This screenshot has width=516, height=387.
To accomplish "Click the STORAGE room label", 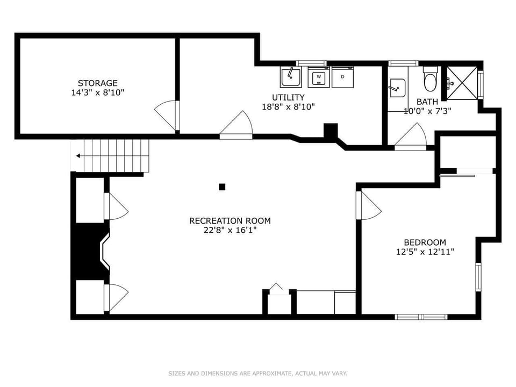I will (97, 83).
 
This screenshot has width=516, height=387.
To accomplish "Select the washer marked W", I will (319, 77).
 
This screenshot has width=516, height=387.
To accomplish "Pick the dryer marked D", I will (342, 77).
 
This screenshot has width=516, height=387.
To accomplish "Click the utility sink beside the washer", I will (290, 77).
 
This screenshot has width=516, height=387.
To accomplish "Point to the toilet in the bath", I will (431, 81).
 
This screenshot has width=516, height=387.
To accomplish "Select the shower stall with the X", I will (462, 82).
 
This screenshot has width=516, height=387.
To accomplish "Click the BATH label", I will (427, 102).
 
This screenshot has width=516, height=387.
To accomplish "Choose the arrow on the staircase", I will (79, 156).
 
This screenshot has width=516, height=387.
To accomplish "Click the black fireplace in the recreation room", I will (90, 251).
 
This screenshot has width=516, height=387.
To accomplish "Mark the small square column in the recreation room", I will (222, 187).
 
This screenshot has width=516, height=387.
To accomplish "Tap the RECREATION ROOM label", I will (230, 220).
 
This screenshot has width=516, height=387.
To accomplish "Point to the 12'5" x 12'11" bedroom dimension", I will (425, 252).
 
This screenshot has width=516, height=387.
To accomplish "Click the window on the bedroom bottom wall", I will (421, 317).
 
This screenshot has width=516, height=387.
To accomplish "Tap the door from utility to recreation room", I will (236, 126).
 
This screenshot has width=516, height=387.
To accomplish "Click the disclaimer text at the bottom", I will (258, 373).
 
